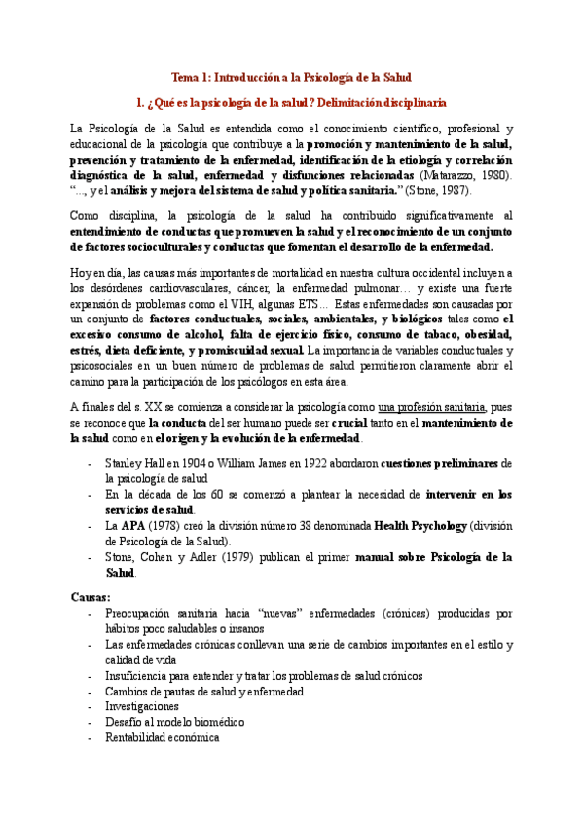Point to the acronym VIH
[x=251, y=303]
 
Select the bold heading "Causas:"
[x=91, y=596]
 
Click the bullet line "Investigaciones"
[x=141, y=705]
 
